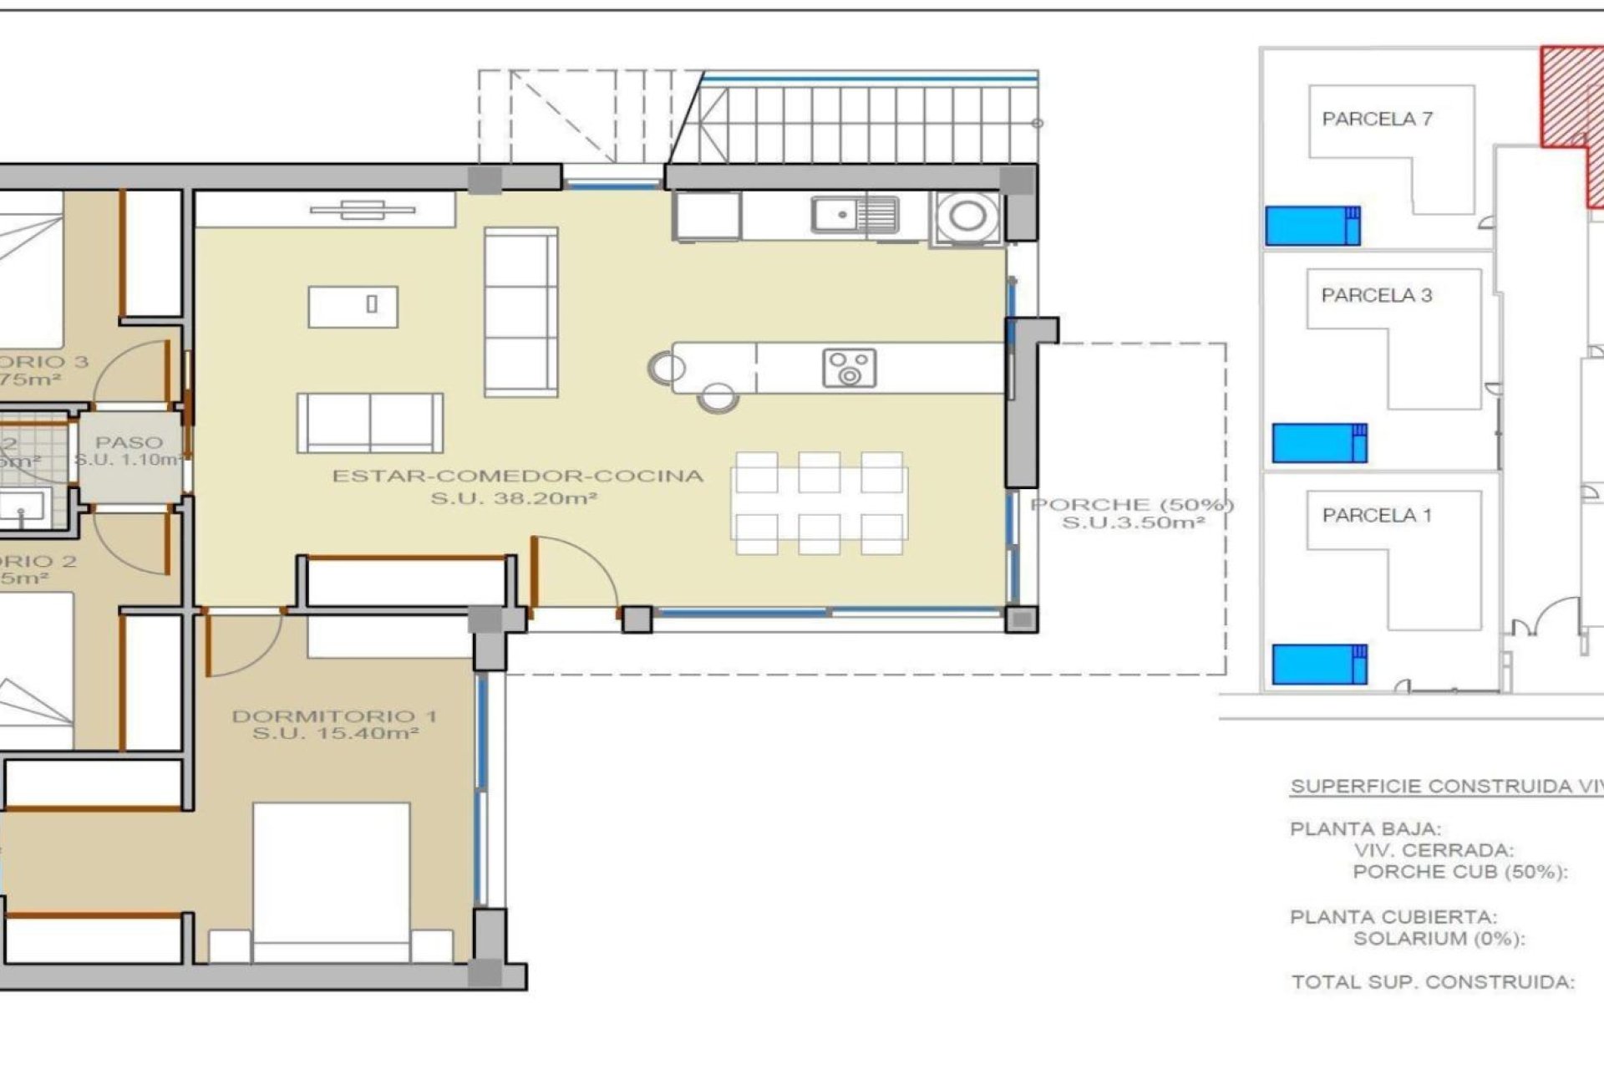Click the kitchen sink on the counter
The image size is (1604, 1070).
(855, 216)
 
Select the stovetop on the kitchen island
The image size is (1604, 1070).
(849, 368)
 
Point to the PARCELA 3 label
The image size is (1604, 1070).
(1376, 295)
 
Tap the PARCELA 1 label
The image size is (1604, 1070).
(1376, 516)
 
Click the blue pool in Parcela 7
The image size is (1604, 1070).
(1312, 226)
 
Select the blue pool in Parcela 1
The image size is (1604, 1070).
(1319, 665)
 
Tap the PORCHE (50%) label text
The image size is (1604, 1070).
(1132, 505)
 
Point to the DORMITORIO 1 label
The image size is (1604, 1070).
(334, 716)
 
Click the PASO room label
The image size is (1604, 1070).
(129, 442)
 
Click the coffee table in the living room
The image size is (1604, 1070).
(353, 307)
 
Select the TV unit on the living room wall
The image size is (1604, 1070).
(363, 210)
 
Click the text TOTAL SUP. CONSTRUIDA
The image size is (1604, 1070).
(1432, 982)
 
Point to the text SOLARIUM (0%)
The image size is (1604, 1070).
(1439, 939)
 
